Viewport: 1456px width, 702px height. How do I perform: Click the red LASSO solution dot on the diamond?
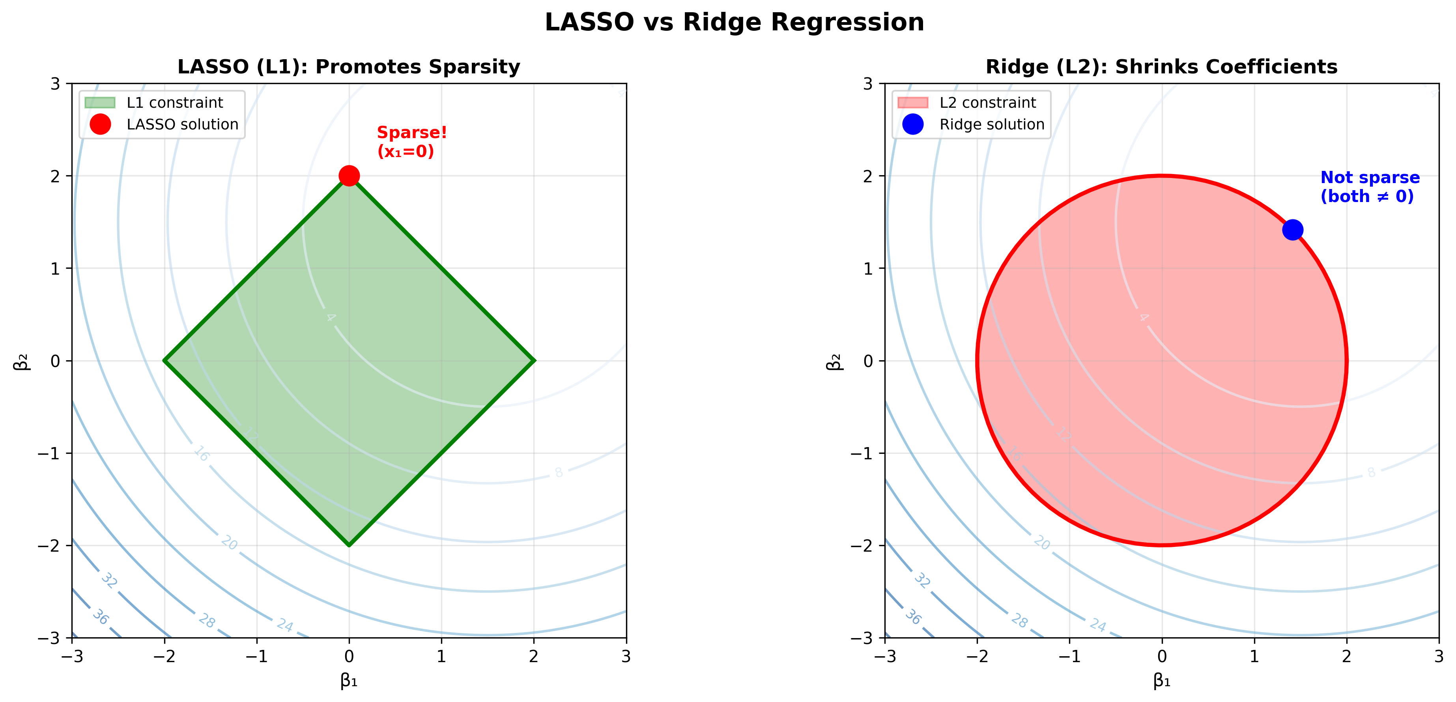(x=349, y=176)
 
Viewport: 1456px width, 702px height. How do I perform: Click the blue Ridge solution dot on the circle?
(x=1293, y=230)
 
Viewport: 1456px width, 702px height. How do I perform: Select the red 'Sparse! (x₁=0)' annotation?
(x=411, y=142)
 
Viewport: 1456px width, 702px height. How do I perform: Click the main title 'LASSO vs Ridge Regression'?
(x=734, y=22)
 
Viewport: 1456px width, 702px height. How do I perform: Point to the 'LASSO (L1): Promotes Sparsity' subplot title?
(x=349, y=67)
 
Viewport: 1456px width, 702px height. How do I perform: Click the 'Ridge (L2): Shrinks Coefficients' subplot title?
(x=1161, y=67)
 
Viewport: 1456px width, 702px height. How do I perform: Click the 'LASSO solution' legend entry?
(x=182, y=124)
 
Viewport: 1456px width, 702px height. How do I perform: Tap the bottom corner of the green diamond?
(x=349, y=545)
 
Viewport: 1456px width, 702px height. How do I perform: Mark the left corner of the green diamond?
(x=164, y=361)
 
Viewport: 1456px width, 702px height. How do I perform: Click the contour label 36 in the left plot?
(x=101, y=617)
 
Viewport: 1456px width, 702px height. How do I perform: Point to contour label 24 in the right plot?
(x=1098, y=625)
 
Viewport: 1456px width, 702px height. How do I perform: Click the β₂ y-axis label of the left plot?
(x=21, y=361)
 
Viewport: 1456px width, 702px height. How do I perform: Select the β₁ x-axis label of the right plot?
(x=1161, y=681)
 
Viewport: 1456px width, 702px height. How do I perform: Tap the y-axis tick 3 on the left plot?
(x=55, y=84)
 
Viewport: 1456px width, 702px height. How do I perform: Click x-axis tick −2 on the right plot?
(x=977, y=656)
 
